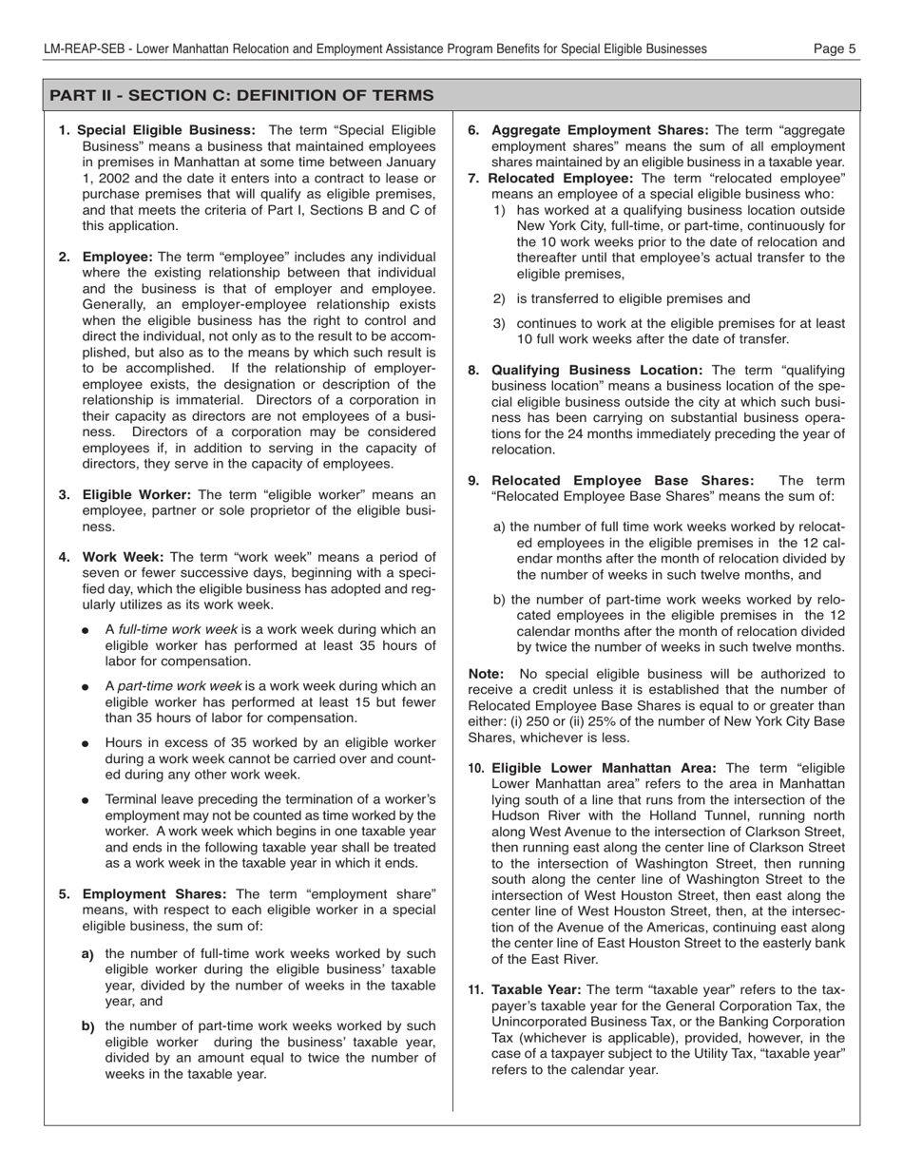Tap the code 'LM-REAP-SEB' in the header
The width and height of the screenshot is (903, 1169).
83,48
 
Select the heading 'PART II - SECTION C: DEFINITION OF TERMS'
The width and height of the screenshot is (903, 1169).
241,96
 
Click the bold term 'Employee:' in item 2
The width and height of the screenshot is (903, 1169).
118,258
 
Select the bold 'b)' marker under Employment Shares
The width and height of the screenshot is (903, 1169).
88,1026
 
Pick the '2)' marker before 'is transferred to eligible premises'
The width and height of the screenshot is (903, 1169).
499,298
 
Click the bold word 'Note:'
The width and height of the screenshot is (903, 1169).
486,674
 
